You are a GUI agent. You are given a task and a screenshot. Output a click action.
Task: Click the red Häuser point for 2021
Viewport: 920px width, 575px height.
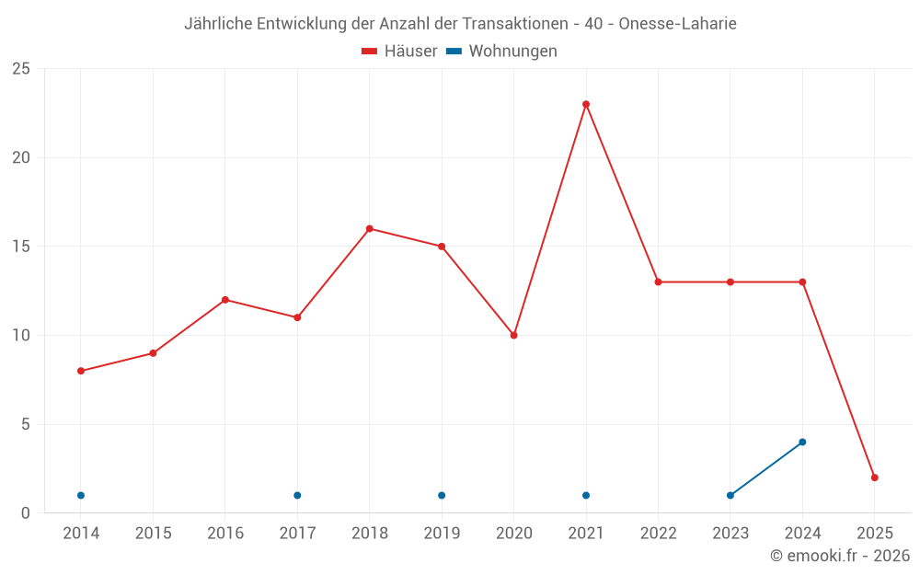click(x=586, y=104)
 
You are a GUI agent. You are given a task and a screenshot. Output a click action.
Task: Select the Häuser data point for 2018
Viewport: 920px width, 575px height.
click(x=369, y=228)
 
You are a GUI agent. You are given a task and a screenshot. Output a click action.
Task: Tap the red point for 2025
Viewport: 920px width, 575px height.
click(x=875, y=477)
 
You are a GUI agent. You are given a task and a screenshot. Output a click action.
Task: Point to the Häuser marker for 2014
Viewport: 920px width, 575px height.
click(x=81, y=371)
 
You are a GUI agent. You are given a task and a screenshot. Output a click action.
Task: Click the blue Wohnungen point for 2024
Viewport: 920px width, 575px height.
click(x=802, y=442)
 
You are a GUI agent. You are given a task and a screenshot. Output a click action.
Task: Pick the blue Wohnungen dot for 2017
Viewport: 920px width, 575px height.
click(x=297, y=495)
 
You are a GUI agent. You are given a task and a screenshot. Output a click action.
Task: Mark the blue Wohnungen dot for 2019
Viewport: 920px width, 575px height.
click(x=442, y=495)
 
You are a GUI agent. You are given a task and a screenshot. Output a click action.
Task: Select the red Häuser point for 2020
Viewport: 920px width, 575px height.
click(x=513, y=335)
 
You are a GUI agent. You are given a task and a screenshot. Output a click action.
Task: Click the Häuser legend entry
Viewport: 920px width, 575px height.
click(x=399, y=52)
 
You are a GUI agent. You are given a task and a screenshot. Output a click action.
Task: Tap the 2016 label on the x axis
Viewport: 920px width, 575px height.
click(x=225, y=534)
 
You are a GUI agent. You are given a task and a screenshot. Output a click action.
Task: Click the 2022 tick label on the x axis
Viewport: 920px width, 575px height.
click(x=658, y=534)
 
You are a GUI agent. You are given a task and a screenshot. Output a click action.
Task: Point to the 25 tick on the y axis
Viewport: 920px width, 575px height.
click(x=21, y=69)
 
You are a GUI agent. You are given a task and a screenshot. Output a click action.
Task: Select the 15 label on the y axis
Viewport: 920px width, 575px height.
click(x=21, y=247)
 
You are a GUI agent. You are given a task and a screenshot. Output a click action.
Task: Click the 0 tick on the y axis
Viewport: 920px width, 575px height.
click(x=26, y=512)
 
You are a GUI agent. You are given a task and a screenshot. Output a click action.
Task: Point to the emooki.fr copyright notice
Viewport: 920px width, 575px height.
click(x=840, y=556)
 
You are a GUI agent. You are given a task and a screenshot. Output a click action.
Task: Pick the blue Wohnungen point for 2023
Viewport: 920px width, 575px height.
click(x=730, y=495)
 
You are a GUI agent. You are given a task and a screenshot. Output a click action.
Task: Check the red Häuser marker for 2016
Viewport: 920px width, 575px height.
click(x=225, y=300)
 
